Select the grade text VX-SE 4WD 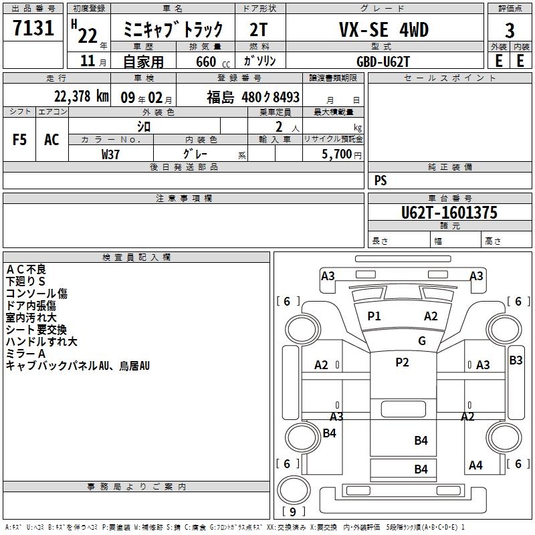coord(384,30)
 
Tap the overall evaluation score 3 coord(510,31)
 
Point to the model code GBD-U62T coord(383,61)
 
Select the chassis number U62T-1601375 coord(449,213)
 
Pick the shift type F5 coord(19,140)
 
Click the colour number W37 coord(111,154)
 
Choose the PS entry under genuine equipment coord(381,181)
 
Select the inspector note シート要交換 coord(36,330)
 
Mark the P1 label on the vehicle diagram coord(374,316)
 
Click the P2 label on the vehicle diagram coord(402,362)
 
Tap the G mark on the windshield coord(421,341)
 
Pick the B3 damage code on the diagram coord(516,360)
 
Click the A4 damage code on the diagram coord(475,465)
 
